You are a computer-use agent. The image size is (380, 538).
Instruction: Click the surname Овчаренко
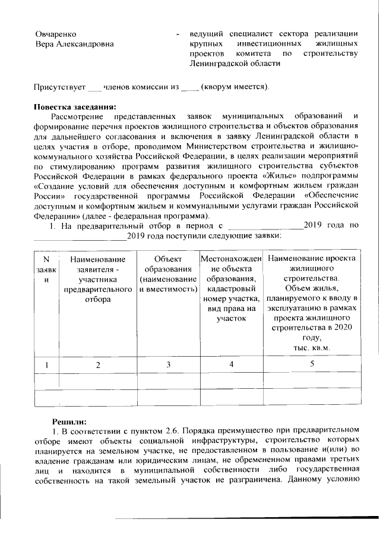coord(56,34)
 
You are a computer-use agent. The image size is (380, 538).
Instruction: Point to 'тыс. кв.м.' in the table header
coord(311,348)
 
